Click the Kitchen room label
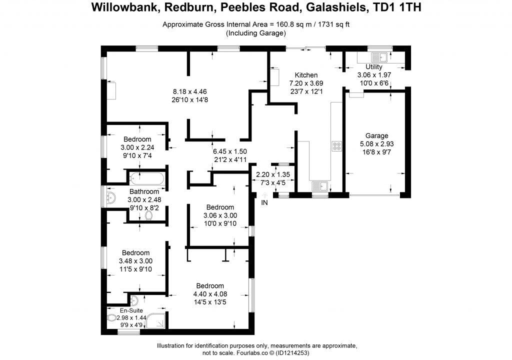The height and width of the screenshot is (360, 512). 306,75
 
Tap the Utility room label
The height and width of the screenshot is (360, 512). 374,67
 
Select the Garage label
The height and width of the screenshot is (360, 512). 376,135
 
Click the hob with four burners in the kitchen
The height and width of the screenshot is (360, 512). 336,146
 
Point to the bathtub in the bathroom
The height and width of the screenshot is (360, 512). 146,178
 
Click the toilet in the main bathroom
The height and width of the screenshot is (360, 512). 148,215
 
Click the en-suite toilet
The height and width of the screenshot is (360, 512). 110,318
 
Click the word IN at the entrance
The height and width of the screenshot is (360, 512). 264,202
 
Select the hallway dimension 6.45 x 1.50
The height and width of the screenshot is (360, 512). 230,151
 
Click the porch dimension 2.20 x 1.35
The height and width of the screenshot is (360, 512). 272,175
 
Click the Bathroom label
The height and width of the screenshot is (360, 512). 144,191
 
